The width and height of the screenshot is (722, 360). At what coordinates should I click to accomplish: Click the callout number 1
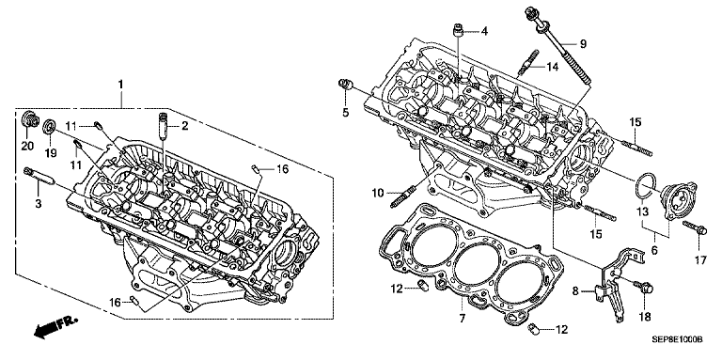pos(120,85)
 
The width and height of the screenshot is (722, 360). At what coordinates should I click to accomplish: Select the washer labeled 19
pos(50,126)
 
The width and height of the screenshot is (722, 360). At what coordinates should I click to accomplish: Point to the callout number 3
pos(39,202)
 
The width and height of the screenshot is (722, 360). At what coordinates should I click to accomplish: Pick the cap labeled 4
pos(458,32)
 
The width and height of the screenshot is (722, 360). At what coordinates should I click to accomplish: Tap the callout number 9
pos(583,44)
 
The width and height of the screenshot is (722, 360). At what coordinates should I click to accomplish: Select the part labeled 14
pos(526,62)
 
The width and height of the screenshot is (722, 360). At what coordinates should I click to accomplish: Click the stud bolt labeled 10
pos(406,195)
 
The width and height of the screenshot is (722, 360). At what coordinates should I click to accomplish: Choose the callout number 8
pos(574,290)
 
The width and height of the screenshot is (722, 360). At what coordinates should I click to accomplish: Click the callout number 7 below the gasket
pos(463,318)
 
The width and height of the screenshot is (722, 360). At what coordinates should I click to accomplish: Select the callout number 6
pos(654,250)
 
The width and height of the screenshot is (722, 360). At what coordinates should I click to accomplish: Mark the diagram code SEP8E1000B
pos(677,339)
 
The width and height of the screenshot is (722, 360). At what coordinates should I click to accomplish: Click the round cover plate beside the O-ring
pos(680,201)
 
